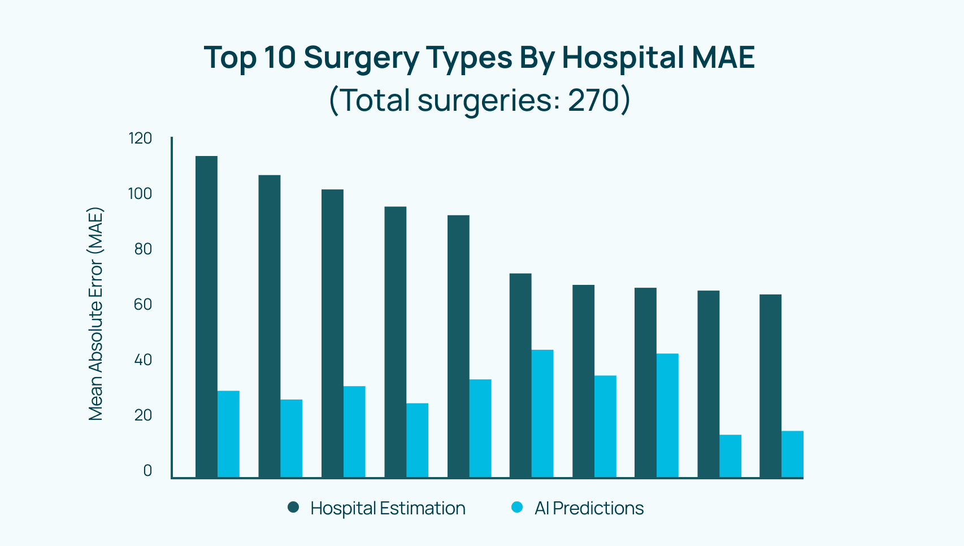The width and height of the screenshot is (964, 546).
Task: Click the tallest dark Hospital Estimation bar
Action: (x=206, y=317)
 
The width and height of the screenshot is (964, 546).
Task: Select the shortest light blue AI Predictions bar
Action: (x=730, y=457)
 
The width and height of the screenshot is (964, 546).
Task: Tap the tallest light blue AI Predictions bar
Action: (x=542, y=414)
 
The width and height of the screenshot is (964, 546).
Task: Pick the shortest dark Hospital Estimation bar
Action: (x=770, y=386)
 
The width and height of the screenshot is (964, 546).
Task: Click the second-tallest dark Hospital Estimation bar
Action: (x=270, y=326)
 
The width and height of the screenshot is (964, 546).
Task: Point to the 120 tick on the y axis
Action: (x=140, y=138)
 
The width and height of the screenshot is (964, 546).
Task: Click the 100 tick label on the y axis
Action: (x=140, y=194)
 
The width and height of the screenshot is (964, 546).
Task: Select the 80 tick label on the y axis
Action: (x=143, y=249)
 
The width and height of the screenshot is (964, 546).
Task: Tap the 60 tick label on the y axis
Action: (x=143, y=305)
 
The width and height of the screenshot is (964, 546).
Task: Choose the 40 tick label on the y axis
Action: (x=143, y=360)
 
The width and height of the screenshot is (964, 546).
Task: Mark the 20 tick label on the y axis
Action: (x=143, y=415)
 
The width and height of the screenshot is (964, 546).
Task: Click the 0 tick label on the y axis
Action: (x=147, y=471)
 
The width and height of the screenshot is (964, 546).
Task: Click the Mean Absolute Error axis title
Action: (x=95, y=314)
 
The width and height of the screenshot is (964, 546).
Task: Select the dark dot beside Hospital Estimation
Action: (x=293, y=507)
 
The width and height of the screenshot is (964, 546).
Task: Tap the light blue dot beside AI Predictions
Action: (x=517, y=507)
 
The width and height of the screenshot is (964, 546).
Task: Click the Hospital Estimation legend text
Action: (x=388, y=508)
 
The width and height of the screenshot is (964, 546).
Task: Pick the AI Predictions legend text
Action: (x=589, y=508)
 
